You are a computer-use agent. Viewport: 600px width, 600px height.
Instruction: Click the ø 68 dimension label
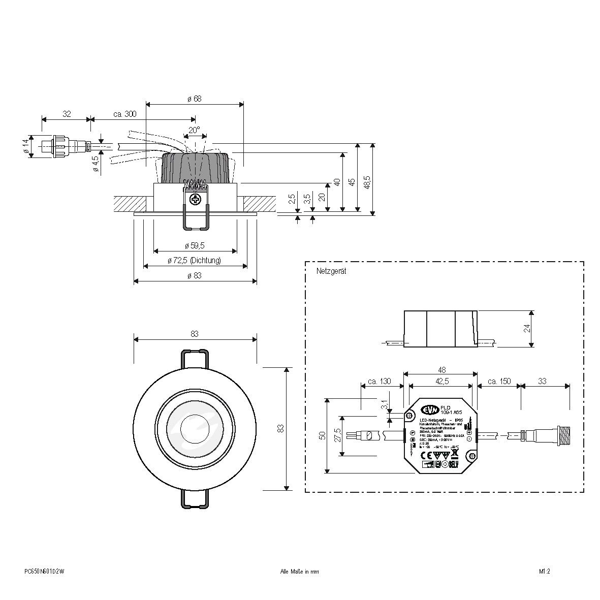pos(195,99)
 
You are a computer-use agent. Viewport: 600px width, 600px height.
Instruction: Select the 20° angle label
pos(194,130)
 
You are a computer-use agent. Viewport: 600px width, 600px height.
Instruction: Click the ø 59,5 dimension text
pos(194,246)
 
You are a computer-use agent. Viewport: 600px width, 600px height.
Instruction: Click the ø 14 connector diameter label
pos(25,146)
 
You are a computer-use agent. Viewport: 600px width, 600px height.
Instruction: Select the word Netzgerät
pos(331,272)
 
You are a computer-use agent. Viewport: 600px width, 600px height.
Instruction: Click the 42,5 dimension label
pos(440,381)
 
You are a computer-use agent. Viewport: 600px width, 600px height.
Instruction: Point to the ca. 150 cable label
pos(498,381)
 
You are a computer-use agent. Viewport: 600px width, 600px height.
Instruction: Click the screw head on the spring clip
pos(195,200)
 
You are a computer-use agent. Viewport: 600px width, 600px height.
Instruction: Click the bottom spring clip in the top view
pos(194,500)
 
